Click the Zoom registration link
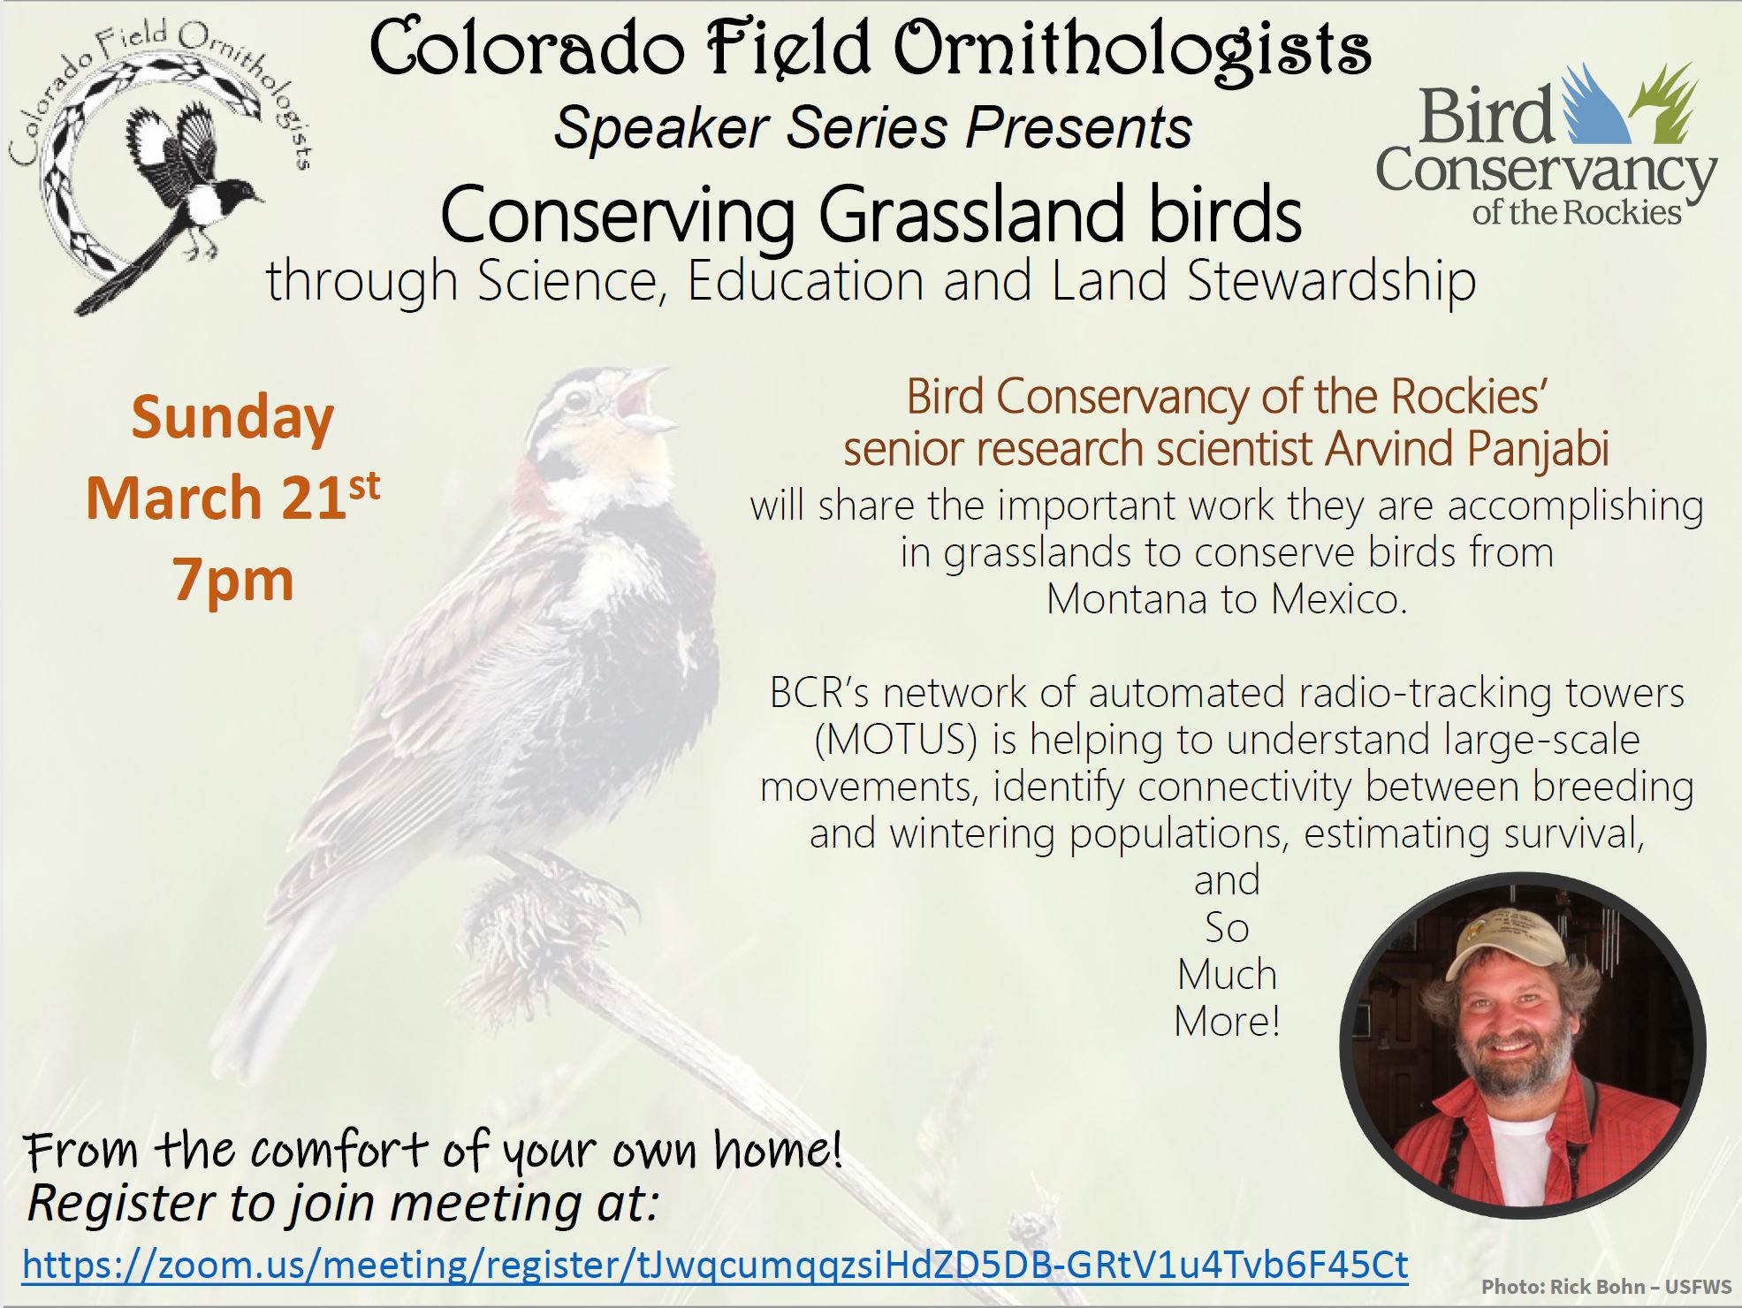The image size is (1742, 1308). tap(714, 1265)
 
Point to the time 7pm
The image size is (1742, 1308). tap(233, 580)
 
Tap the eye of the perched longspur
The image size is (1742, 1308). tap(577, 399)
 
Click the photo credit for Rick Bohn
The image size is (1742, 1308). tap(1607, 1287)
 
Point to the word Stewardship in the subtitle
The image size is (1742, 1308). tap(1331, 281)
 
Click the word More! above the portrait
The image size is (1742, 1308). tap(1227, 1022)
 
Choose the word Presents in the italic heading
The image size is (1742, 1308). tap(1079, 128)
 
